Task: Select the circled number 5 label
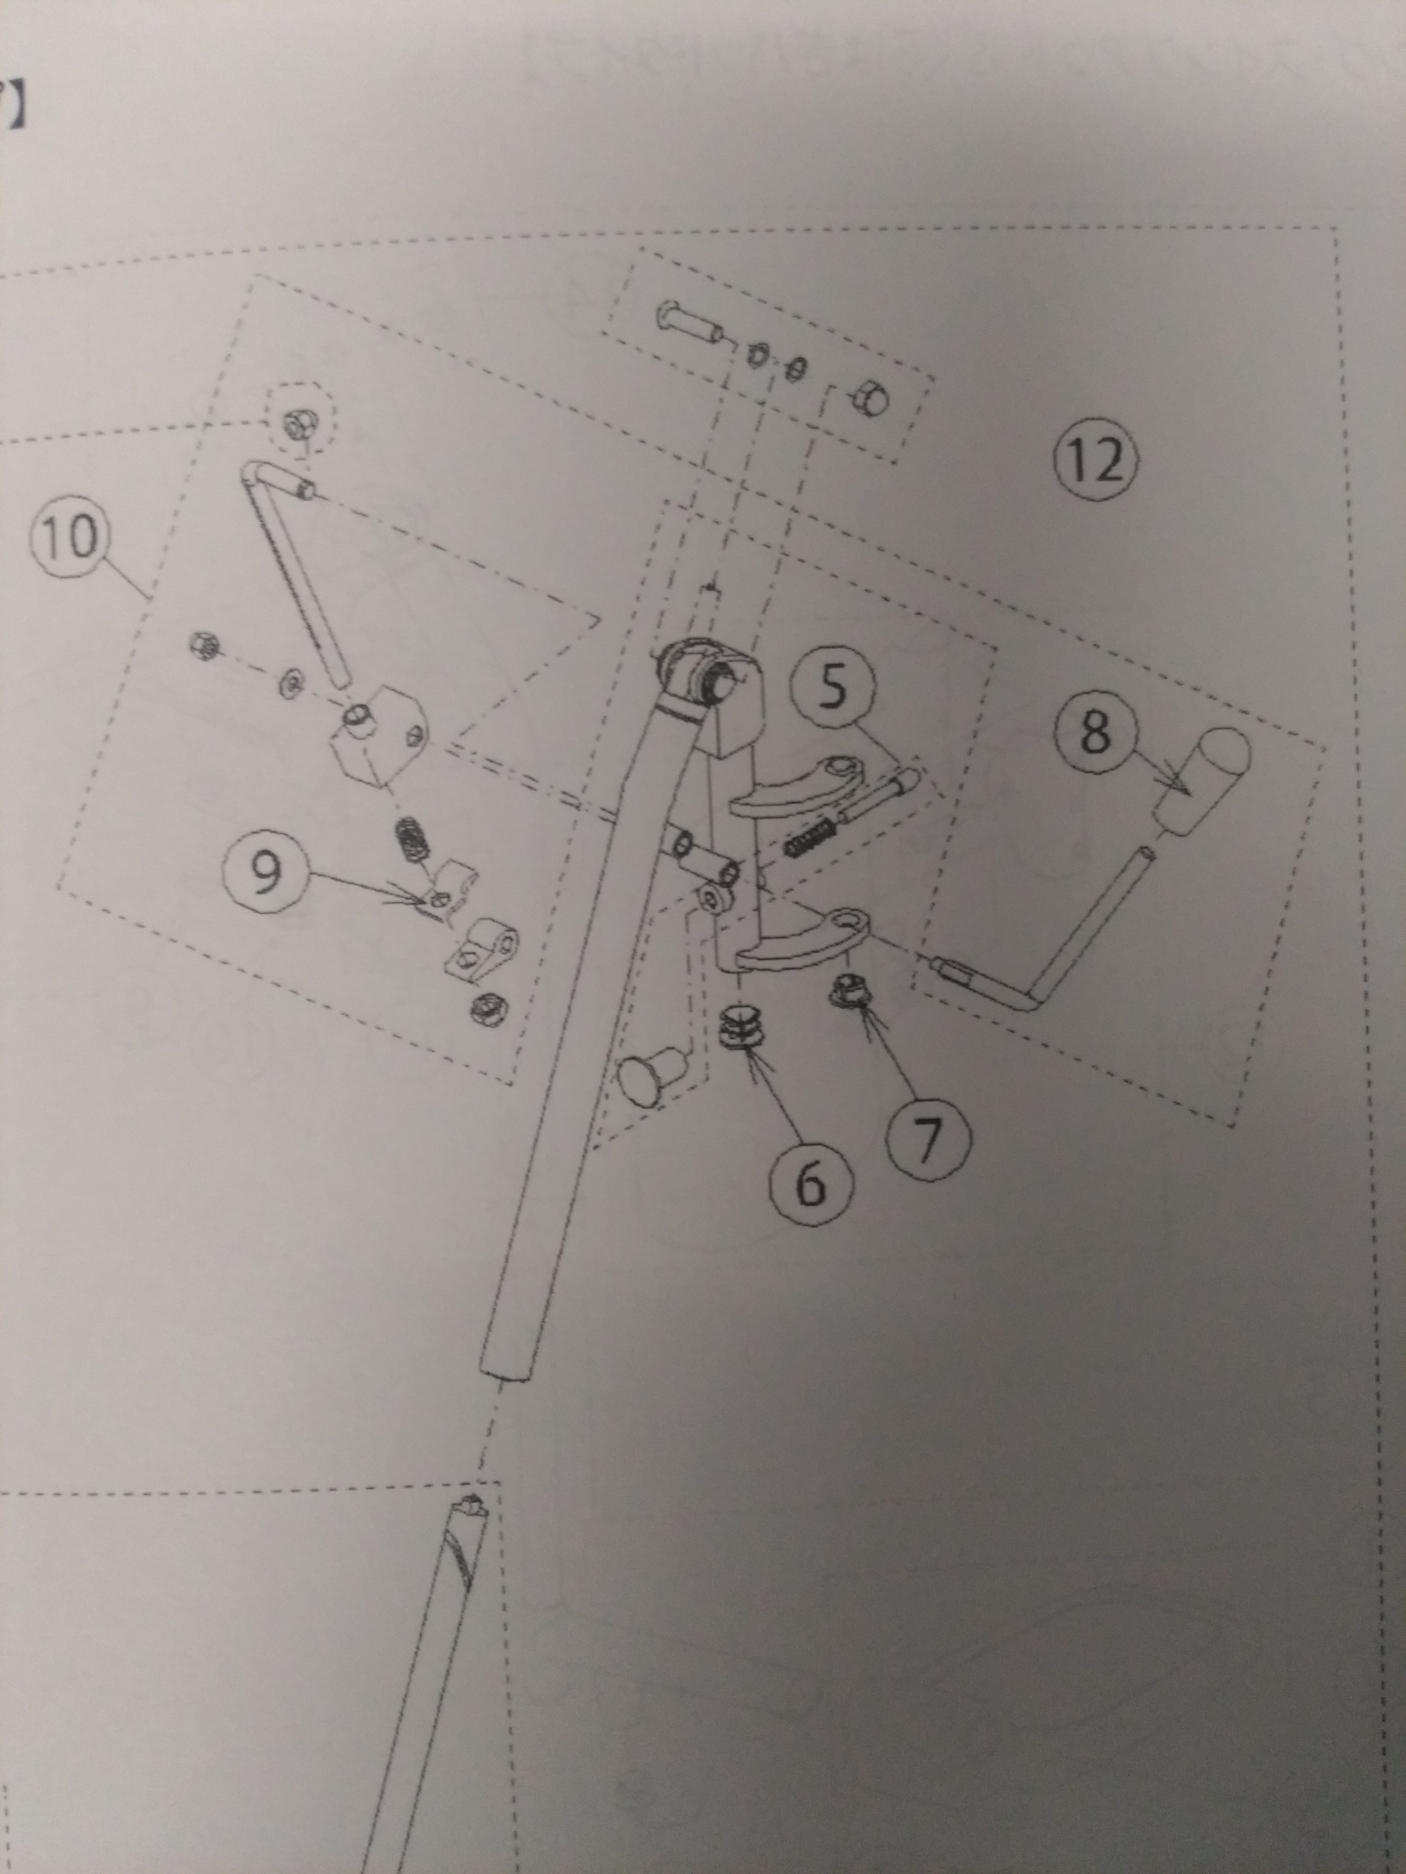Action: pos(833,687)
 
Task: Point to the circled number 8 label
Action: pos(1095,731)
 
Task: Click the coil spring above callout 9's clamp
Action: pos(413,841)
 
